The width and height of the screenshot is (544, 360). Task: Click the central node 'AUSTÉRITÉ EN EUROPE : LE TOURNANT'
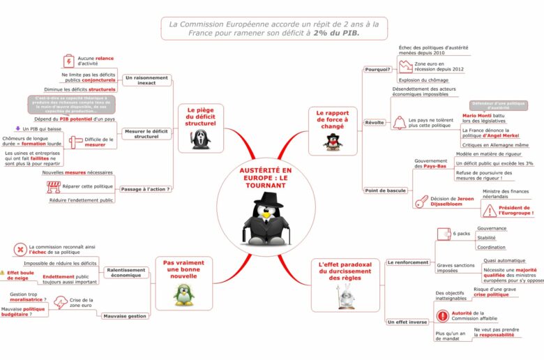(x=266, y=179)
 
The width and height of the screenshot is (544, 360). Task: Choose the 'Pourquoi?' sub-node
(x=377, y=69)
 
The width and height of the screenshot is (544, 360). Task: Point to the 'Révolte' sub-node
(x=375, y=122)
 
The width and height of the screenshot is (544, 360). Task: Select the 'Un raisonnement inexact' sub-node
(x=146, y=80)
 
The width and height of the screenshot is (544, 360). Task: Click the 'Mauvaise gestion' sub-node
(x=125, y=315)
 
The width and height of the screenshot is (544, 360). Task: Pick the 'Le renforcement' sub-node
(x=408, y=262)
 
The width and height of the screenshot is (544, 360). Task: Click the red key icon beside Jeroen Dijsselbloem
(x=421, y=202)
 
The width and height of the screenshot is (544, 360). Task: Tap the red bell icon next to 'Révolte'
(x=399, y=123)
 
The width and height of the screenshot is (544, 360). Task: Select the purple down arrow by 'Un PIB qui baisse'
(x=17, y=128)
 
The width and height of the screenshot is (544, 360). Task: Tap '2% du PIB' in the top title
(x=338, y=34)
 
